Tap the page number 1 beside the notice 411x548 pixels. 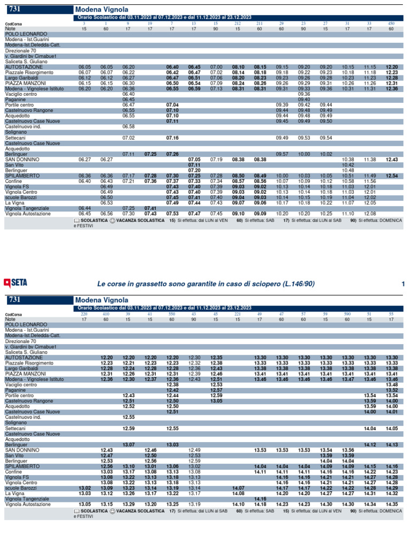(x=403, y=283)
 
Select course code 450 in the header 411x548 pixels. (x=391, y=24)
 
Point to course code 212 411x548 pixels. (x=238, y=24)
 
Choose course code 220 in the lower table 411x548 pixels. (x=84, y=314)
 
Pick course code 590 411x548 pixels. (x=347, y=314)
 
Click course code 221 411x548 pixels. (x=238, y=314)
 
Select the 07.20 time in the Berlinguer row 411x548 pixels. (x=194, y=170)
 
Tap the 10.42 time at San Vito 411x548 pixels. (x=348, y=165)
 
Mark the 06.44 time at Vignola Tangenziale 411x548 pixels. (x=85, y=208)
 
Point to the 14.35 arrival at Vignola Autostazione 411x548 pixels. (x=392, y=504)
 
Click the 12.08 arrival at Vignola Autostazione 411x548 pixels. (x=370, y=214)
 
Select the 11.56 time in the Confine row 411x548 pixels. (x=370, y=181)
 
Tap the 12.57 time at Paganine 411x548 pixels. (x=216, y=390)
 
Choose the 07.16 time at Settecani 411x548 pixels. (x=172, y=138)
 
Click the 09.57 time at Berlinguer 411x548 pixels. (x=282, y=154)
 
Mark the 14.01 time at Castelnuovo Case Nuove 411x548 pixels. (x=392, y=412)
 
